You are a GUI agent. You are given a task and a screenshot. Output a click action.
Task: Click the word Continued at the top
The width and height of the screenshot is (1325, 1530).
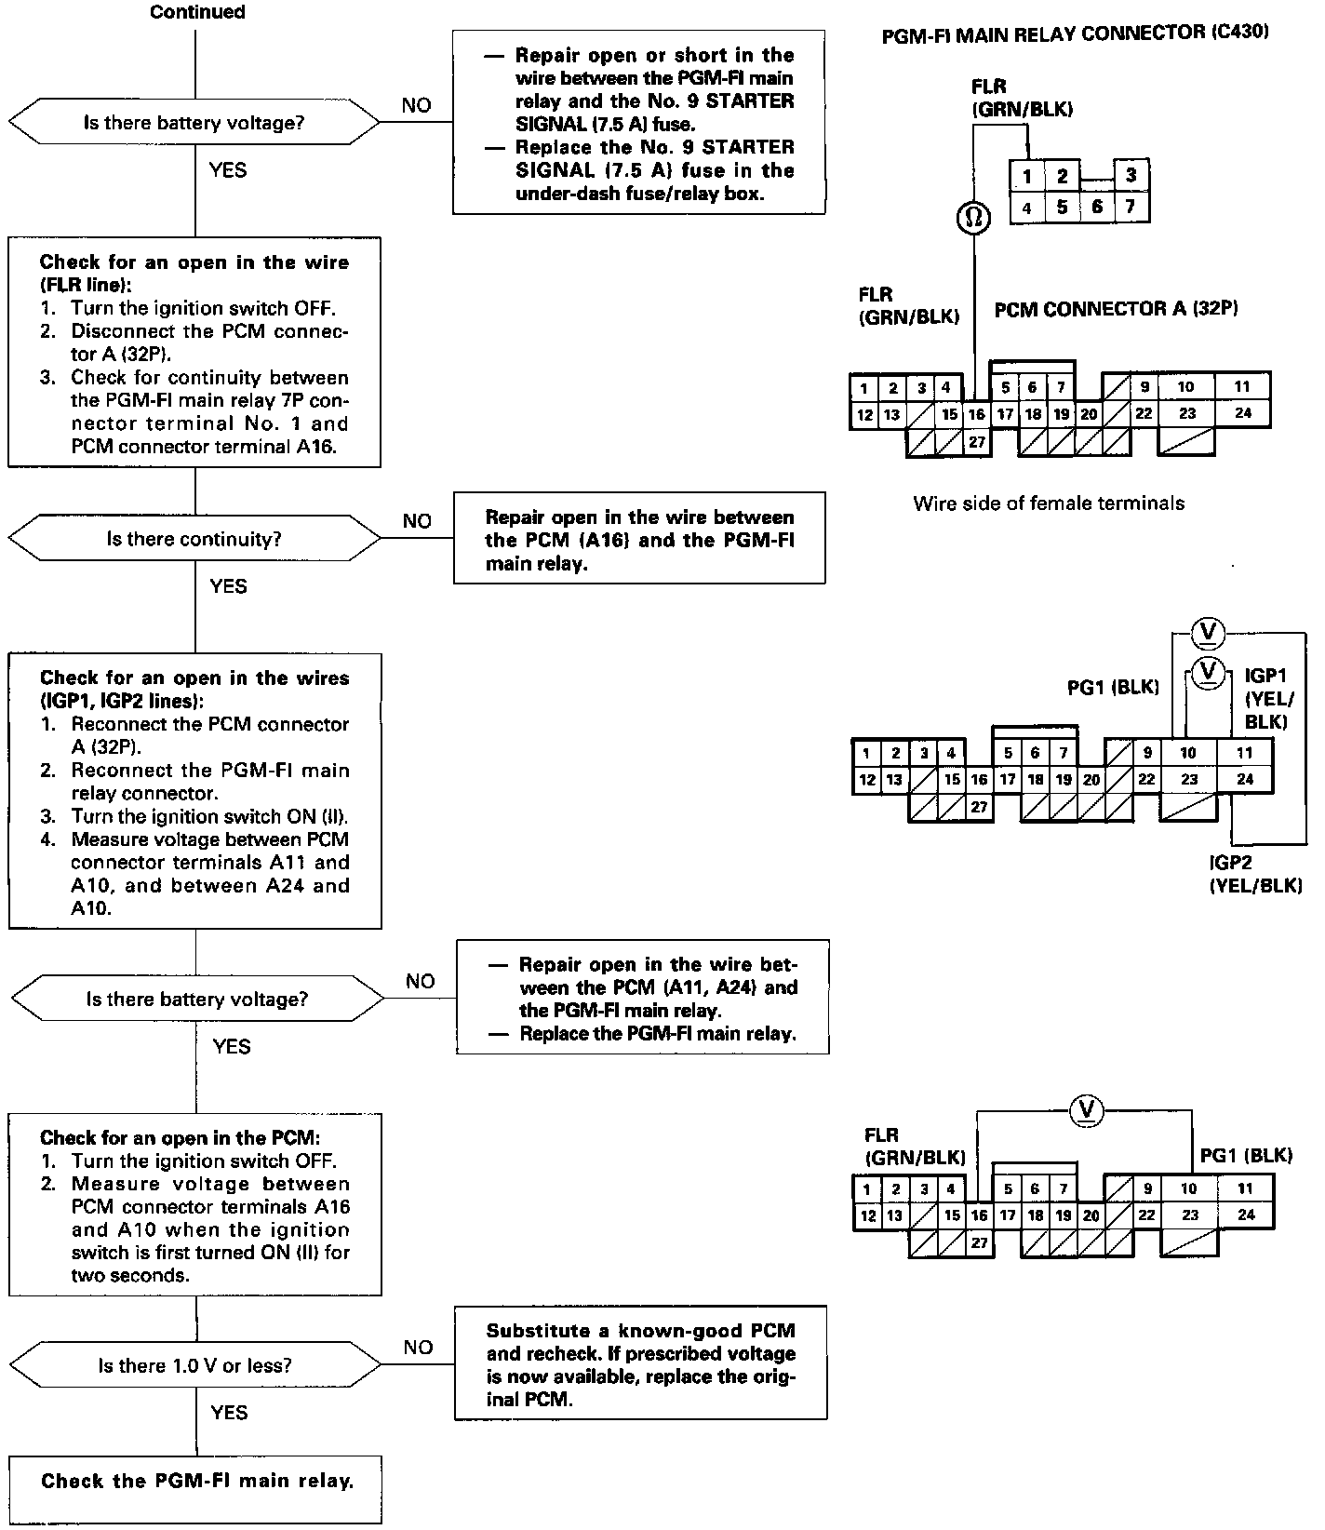197,12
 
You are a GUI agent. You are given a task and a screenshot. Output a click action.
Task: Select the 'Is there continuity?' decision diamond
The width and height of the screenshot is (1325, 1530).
194,539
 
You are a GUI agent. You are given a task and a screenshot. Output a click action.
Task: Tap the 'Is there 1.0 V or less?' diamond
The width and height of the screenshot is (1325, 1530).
194,1365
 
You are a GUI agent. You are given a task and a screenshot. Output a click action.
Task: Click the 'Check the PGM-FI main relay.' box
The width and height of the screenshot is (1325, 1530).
196,1481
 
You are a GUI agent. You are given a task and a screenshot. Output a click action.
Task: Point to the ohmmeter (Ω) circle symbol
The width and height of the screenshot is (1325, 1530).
974,218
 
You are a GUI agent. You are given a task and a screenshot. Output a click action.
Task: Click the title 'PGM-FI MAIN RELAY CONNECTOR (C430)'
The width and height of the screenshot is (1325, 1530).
1076,33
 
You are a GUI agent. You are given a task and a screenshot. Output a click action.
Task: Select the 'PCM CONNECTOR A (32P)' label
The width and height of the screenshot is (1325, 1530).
1116,309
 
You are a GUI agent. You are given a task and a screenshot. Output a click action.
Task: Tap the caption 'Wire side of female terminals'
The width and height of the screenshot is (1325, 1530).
1049,503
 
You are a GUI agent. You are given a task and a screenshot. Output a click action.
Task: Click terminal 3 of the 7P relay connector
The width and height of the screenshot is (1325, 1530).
1131,175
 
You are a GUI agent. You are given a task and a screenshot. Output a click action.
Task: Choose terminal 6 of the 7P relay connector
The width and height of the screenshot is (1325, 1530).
1096,207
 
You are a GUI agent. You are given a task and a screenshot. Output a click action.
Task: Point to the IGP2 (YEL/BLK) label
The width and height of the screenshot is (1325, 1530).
1255,874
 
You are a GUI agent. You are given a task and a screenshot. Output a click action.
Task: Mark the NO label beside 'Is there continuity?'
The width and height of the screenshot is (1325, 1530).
417,521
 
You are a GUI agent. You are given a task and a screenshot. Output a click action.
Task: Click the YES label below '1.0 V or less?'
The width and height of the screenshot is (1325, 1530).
229,1413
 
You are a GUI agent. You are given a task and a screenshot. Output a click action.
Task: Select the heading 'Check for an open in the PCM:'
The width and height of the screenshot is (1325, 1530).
180,1137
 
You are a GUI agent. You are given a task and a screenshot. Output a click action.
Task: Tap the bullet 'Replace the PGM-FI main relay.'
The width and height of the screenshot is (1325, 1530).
657,1034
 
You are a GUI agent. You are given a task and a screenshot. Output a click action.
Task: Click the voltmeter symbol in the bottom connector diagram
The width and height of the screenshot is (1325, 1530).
1085,1109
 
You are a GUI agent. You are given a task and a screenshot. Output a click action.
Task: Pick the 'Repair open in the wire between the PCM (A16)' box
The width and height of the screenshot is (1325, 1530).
639,540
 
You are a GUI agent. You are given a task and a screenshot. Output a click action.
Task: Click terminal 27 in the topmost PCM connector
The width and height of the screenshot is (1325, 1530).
976,442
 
